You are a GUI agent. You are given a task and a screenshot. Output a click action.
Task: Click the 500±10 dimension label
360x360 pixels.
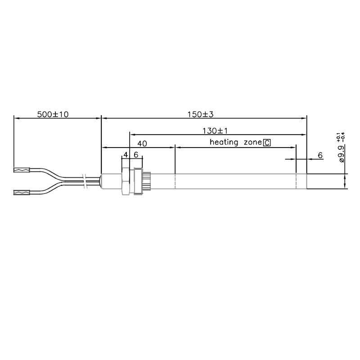[x=53, y=114]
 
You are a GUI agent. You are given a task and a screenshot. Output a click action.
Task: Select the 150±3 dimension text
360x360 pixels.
[x=200, y=114]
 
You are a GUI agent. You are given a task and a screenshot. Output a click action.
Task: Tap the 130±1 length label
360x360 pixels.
[x=215, y=131]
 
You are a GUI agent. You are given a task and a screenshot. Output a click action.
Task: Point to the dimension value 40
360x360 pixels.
[x=142, y=144]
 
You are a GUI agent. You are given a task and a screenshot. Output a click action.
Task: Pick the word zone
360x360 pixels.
[x=252, y=143]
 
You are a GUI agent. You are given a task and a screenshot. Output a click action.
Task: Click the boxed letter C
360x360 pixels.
[x=267, y=143]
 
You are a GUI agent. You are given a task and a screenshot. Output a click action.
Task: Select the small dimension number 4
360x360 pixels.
[x=126, y=155]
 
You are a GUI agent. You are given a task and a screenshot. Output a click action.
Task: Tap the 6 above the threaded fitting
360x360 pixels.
[x=136, y=155]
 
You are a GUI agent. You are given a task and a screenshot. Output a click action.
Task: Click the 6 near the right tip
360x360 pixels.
[x=320, y=155]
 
